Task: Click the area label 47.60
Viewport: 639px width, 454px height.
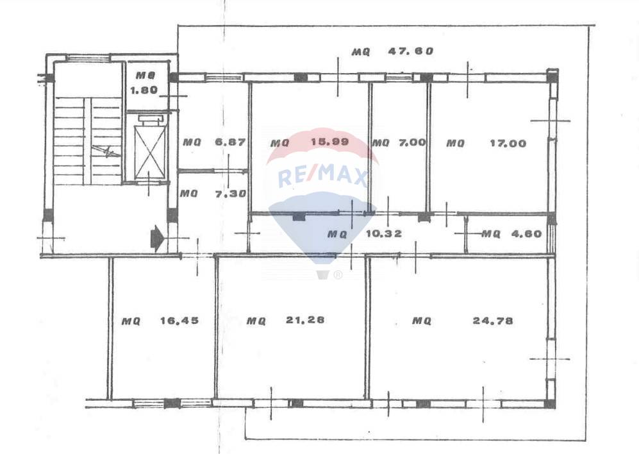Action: click(x=411, y=51)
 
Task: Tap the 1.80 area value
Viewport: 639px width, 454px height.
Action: click(x=144, y=90)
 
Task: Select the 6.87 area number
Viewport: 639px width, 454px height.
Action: click(x=231, y=142)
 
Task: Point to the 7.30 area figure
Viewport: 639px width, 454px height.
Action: click(x=231, y=194)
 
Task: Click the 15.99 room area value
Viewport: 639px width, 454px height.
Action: click(x=330, y=142)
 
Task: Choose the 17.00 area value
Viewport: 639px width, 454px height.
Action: click(x=508, y=143)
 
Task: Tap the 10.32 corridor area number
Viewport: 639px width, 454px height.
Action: click(x=384, y=233)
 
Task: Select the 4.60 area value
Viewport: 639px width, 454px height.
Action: click(x=527, y=233)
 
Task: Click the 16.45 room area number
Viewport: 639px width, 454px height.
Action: click(x=179, y=321)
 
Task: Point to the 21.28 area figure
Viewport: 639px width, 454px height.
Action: click(x=305, y=320)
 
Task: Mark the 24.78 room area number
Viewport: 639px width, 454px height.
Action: click(x=493, y=321)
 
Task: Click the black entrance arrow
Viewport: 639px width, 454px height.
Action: click(x=157, y=237)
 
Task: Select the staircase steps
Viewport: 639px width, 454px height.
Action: click(x=88, y=140)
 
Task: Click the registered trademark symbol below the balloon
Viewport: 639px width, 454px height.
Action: click(x=338, y=275)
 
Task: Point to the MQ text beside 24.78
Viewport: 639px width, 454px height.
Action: click(x=421, y=321)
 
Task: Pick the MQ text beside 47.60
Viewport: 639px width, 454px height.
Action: click(x=361, y=52)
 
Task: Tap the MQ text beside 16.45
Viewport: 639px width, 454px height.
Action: click(x=131, y=321)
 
